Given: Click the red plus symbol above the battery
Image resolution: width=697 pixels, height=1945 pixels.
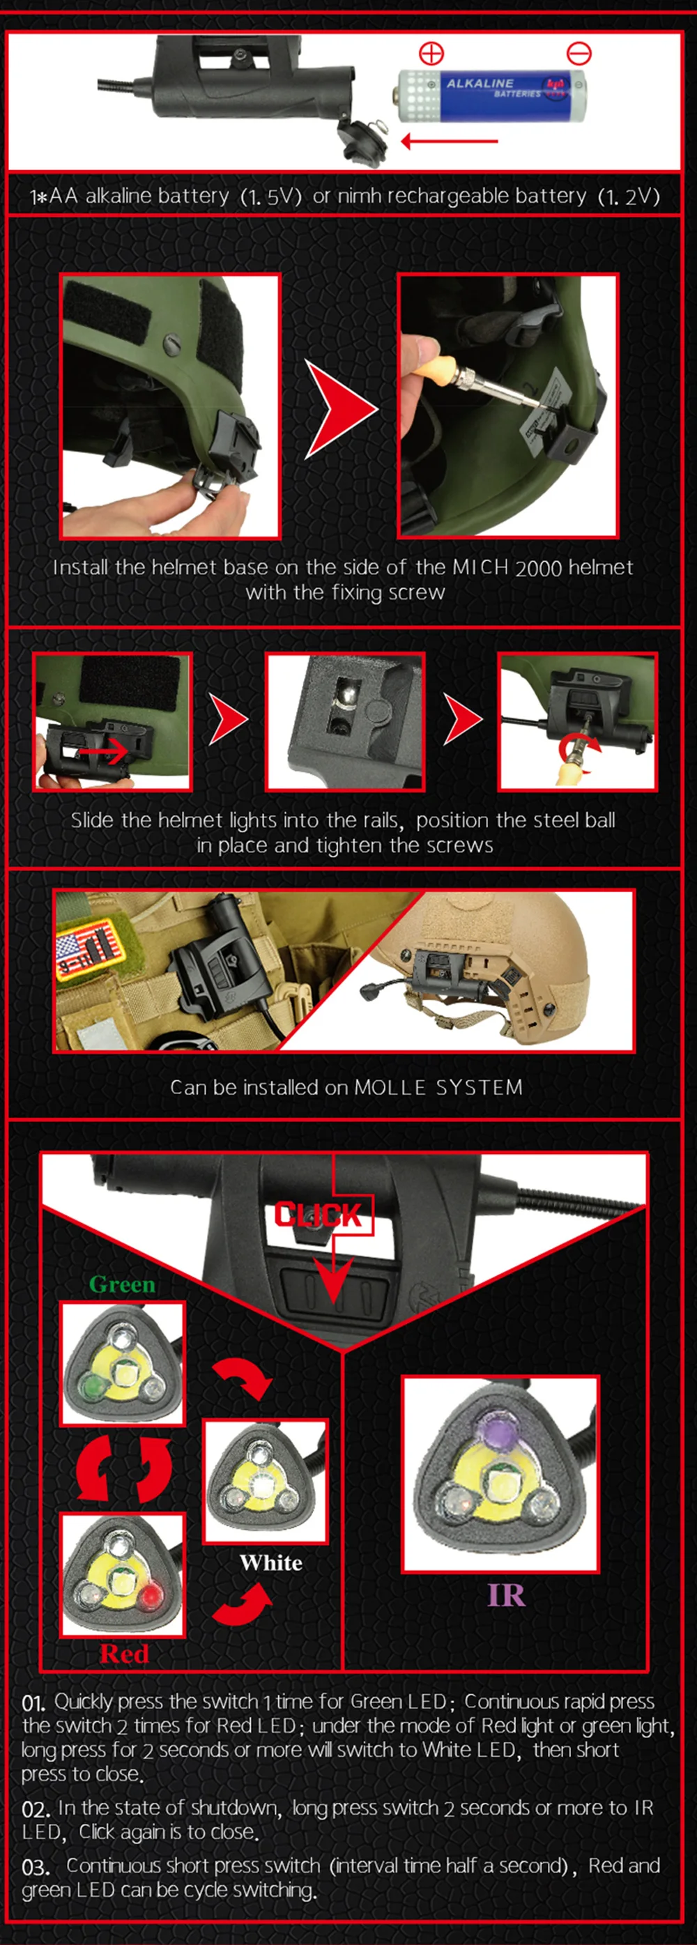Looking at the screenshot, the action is click(431, 53).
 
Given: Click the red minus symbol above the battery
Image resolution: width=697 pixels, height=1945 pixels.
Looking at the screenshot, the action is click(579, 53).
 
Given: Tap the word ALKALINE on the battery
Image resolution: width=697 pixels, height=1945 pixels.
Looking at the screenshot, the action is click(480, 83).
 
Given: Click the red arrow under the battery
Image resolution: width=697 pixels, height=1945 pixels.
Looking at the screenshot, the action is click(449, 141).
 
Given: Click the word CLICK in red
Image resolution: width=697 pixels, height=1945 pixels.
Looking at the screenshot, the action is click(318, 1215).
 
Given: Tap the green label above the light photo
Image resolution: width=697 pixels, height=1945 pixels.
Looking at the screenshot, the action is click(123, 1284).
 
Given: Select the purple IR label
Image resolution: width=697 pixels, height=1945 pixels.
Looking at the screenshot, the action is click(506, 1594).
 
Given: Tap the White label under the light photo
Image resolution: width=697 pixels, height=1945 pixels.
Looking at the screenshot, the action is click(271, 1562).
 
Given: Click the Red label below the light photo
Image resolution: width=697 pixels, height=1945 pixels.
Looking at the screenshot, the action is click(124, 1654).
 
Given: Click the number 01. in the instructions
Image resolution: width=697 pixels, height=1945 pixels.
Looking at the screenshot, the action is click(33, 1702).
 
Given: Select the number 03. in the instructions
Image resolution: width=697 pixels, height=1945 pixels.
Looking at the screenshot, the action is click(36, 1867).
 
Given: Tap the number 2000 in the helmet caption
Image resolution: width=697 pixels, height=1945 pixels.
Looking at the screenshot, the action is click(538, 568).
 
